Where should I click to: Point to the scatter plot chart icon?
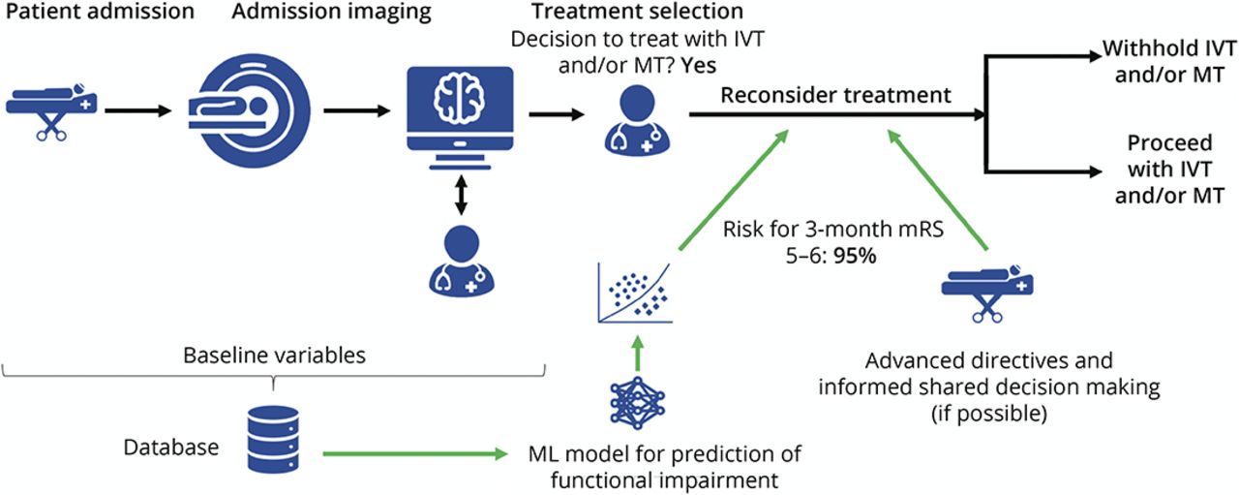pos(635,295)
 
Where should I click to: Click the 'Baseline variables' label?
pos(275,356)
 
